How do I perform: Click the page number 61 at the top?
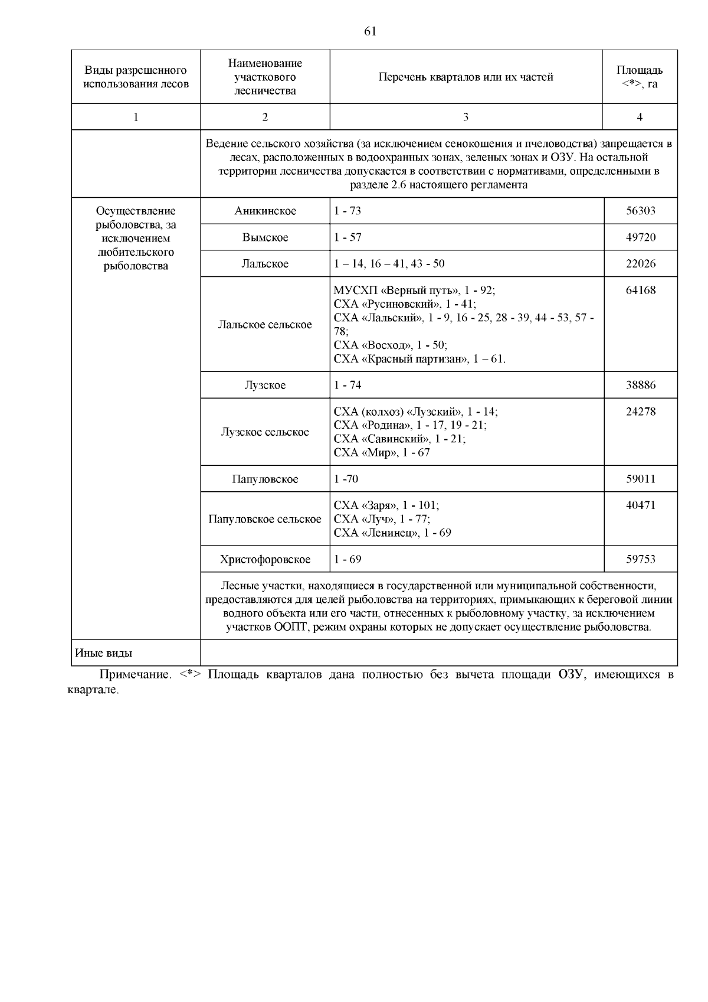point(370,32)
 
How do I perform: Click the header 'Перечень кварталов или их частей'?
point(466,77)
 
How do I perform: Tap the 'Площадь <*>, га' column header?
point(640,77)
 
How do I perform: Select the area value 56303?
point(640,211)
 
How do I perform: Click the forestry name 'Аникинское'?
point(265,211)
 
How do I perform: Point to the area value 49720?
point(640,237)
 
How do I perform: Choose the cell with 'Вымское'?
point(265,237)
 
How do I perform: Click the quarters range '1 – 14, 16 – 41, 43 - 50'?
point(389,264)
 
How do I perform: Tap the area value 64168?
point(640,291)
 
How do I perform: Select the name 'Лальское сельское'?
point(265,325)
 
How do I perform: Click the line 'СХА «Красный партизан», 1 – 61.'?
point(419,359)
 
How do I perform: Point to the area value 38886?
point(640,385)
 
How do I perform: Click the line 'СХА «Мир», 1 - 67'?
point(382,453)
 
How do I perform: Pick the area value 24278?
point(640,412)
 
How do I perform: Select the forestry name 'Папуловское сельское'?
point(265,519)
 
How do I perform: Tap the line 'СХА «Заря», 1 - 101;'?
point(386,505)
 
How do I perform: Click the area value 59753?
point(640,559)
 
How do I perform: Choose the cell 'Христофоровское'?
point(265,559)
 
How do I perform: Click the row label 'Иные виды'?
point(104,654)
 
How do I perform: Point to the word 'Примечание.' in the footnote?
point(135,675)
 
